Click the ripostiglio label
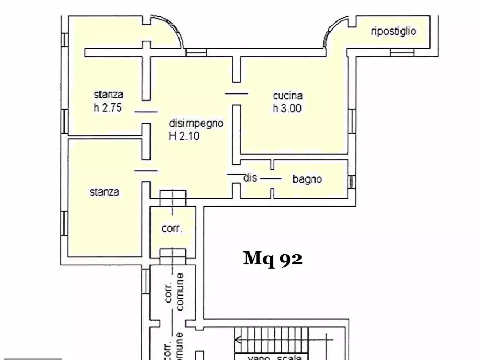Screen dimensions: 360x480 coord(393,31)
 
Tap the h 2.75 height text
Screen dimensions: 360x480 coord(108,107)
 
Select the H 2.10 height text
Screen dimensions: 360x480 coord(184,136)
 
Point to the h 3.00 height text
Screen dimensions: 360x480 coord(287,108)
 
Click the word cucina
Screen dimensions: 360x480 coord(288,96)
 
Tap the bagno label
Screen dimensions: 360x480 coord(307,179)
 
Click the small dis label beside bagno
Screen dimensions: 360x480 coord(250,178)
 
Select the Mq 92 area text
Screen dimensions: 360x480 coord(273,259)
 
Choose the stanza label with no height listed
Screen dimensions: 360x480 coord(104,191)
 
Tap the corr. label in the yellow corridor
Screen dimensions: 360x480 coord(172,228)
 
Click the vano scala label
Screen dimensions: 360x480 coord(274,357)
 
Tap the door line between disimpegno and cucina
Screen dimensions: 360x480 coord(237,93)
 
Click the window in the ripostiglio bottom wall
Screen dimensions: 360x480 coord(402,53)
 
